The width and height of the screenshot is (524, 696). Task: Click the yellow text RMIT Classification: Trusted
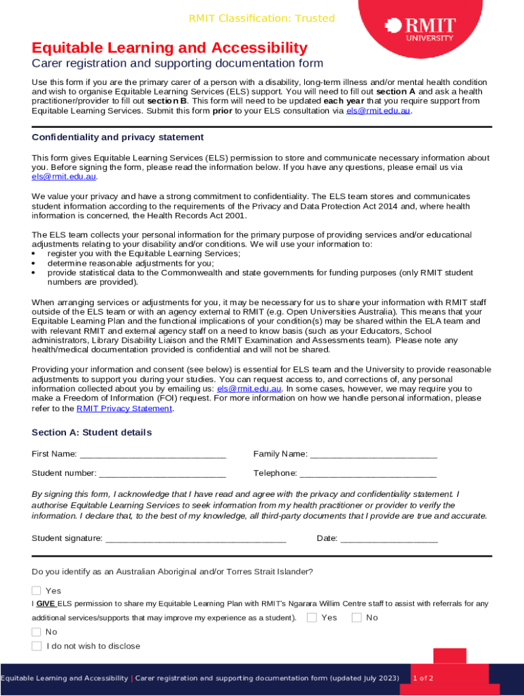(261, 18)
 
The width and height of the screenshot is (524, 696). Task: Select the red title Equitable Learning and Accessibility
(169, 48)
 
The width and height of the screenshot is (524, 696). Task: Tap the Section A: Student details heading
(92, 432)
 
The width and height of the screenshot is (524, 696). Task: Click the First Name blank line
(152, 455)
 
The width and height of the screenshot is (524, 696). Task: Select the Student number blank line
(162, 474)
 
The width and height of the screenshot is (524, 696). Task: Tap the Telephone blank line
(367, 474)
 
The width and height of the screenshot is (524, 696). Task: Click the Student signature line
(195, 539)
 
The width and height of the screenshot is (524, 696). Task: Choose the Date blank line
(389, 539)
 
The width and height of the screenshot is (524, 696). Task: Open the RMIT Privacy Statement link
(125, 408)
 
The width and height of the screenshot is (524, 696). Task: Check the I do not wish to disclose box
(37, 646)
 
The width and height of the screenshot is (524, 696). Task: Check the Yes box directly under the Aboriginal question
(37, 591)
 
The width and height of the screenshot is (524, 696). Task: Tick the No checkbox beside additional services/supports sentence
(357, 617)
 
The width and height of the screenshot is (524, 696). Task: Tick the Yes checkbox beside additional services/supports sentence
(312, 617)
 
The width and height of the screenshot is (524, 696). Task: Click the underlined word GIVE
(46, 603)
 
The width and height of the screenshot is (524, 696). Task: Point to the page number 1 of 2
(423, 678)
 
